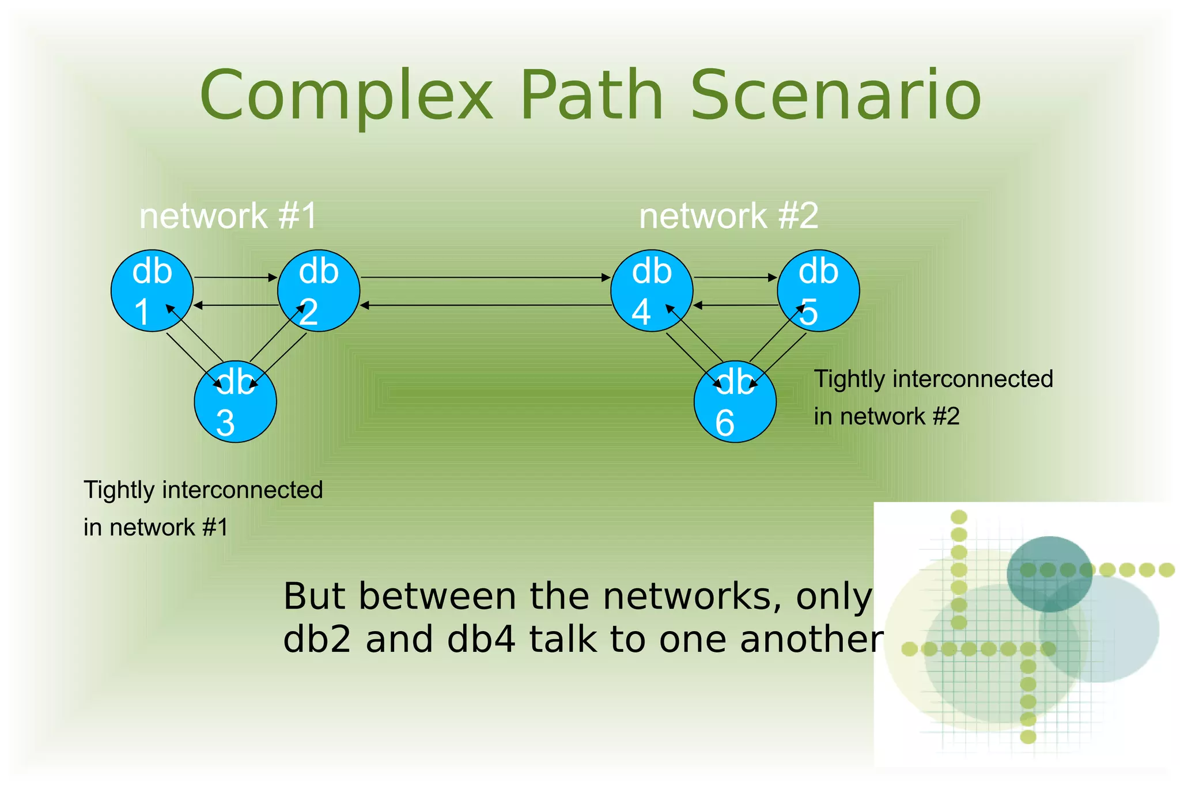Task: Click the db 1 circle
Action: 152,290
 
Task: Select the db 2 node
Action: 319,290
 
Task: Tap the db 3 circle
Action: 235,401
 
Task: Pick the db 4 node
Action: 651,290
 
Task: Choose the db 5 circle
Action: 818,290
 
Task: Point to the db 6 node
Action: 735,401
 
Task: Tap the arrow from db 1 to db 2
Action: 235,278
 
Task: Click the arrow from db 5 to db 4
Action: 735,305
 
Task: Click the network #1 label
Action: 228,216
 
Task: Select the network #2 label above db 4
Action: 728,216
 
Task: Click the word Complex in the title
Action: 346,95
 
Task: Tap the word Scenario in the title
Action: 835,95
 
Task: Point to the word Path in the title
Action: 592,95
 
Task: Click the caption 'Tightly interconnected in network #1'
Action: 203,508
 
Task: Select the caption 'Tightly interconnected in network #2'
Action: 933,397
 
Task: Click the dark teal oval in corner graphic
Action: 1049,574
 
